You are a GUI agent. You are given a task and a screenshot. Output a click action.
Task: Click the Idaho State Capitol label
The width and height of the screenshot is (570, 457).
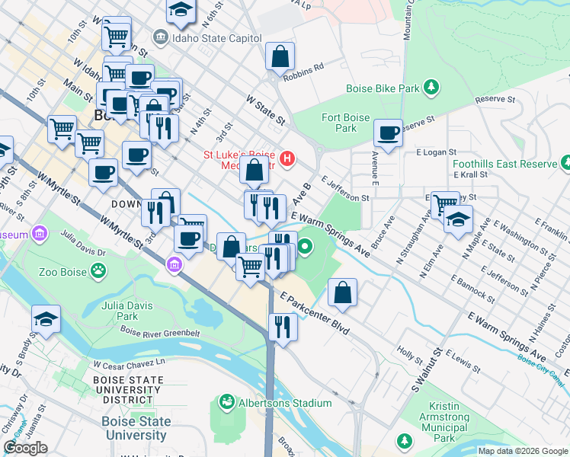[203, 36]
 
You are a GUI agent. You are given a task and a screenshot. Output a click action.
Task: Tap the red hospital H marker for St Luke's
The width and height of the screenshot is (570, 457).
[287, 159]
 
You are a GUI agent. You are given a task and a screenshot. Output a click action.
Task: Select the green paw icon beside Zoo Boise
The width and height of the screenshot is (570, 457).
[98, 270]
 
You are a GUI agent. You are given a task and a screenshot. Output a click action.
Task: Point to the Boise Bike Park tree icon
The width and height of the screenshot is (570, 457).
[431, 88]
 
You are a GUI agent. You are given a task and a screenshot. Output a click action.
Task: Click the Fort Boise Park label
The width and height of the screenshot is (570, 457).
[345, 123]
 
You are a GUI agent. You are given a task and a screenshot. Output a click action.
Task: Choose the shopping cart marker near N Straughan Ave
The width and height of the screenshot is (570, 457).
[445, 203]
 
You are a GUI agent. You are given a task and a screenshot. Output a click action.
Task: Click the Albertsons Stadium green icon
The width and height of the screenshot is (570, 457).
[226, 401]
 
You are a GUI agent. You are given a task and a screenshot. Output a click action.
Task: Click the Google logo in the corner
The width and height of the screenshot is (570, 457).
[25, 448]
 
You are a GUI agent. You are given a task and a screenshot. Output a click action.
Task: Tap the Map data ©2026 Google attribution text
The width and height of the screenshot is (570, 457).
[522, 451]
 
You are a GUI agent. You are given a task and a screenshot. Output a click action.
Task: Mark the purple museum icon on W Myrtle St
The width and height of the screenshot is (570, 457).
[174, 264]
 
